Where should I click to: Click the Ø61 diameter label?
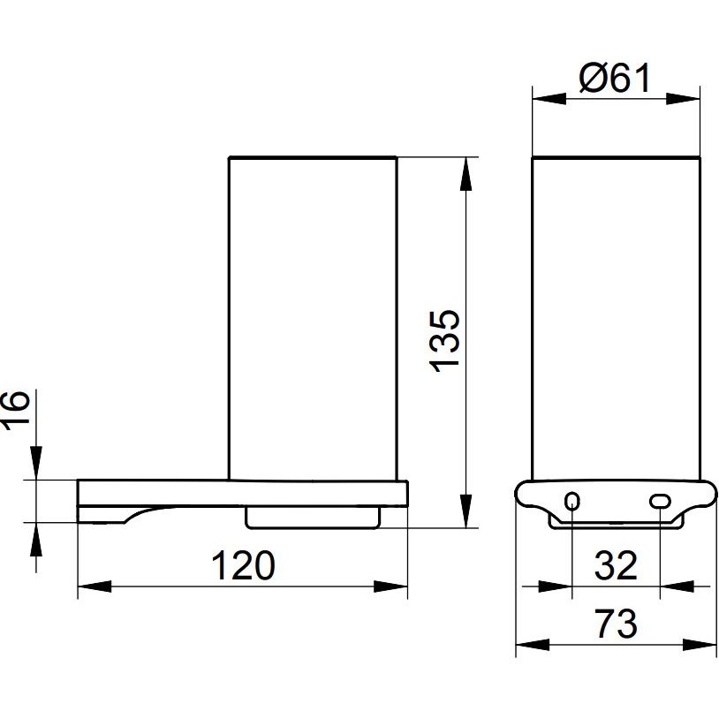point(615,78)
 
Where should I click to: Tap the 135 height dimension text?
point(444,341)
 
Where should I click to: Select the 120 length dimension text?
point(243,565)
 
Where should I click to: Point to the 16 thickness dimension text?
point(15,410)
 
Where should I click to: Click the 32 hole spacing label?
point(616,565)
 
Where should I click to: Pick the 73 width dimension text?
point(616,624)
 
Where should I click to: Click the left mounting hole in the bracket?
point(572,501)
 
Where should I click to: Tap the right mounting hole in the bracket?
point(660,501)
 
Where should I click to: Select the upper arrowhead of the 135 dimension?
point(465,174)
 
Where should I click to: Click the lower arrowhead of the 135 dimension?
point(465,511)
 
